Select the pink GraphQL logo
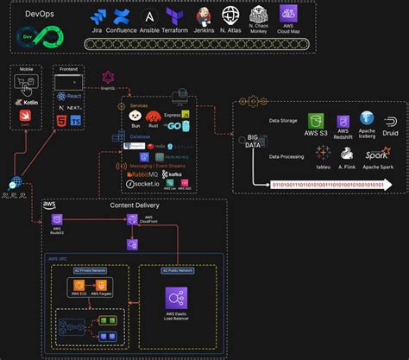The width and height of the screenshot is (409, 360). pyautogui.click(x=109, y=77)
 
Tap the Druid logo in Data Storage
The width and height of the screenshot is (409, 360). pyautogui.click(x=391, y=121)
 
